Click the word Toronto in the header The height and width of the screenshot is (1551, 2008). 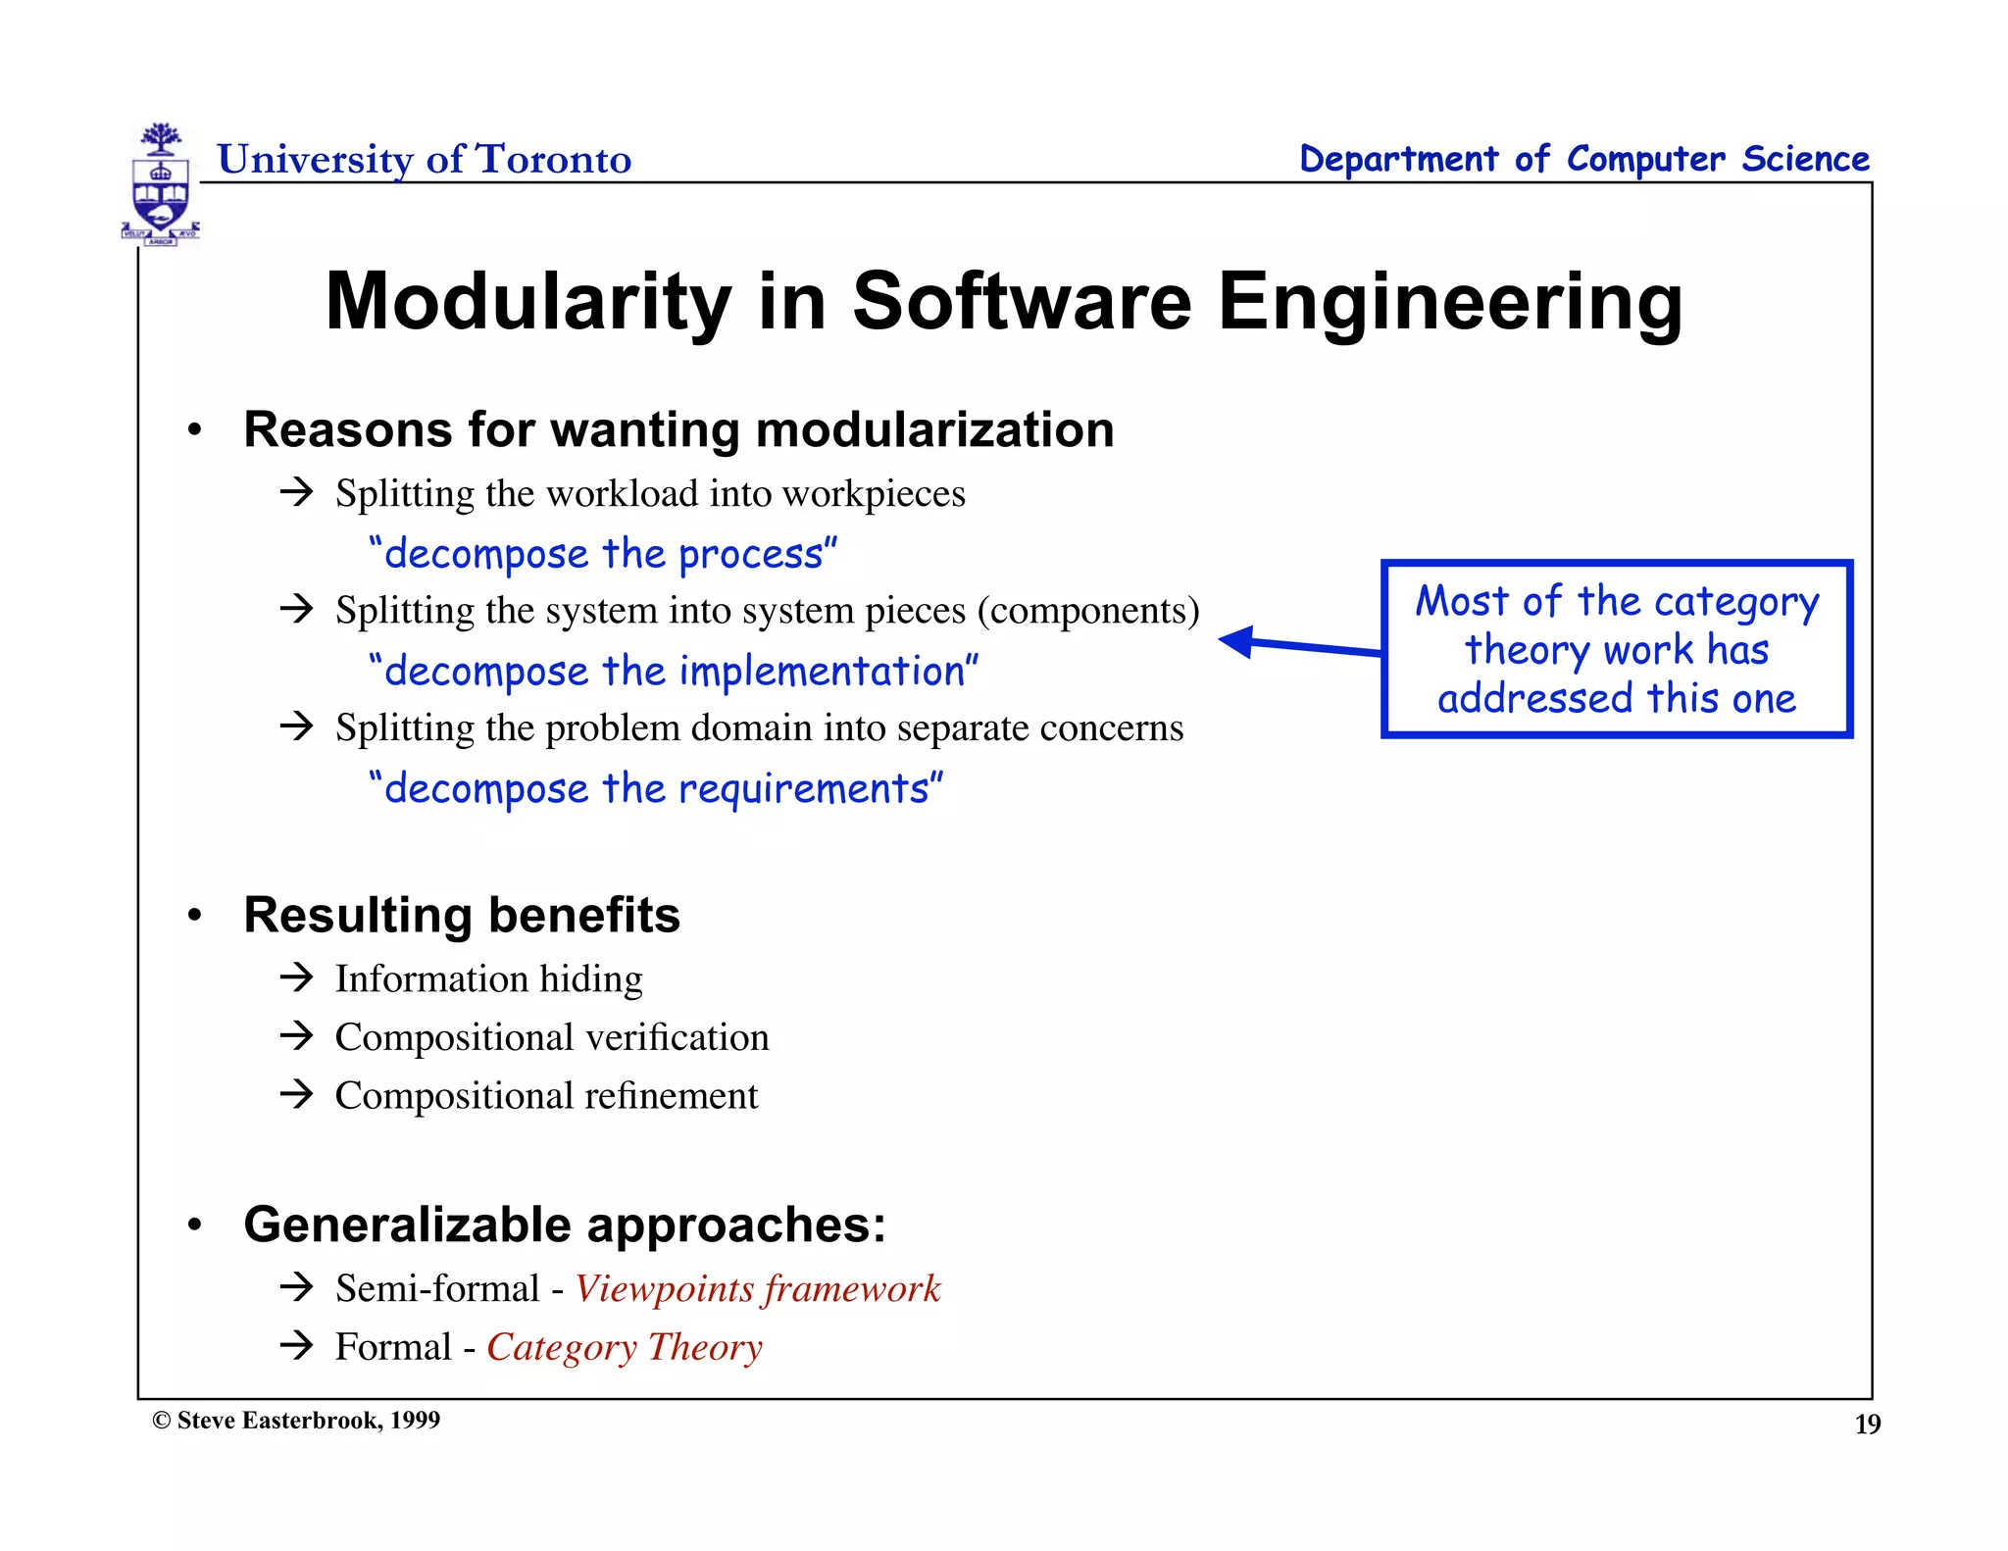[x=553, y=159]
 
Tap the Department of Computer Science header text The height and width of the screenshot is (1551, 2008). [x=1583, y=159]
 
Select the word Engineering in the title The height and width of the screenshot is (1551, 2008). [x=1450, y=301]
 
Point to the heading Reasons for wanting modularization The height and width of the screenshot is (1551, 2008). [x=678, y=429]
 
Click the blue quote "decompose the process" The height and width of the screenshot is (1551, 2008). [x=603, y=554]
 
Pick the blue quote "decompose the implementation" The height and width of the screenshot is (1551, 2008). [x=674, y=672]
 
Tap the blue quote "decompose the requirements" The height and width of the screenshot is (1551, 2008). [x=656, y=788]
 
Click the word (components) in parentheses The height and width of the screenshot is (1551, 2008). [x=1088, y=611]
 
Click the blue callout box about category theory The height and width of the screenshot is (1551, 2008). [x=1616, y=649]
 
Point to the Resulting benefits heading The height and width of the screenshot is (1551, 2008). [x=462, y=915]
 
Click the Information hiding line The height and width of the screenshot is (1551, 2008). [x=488, y=978]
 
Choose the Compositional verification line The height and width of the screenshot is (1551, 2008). [x=552, y=1037]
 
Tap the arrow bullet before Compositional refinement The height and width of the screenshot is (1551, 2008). [x=295, y=1094]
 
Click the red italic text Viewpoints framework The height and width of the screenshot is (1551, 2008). [x=757, y=1288]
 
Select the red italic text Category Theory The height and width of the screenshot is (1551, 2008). [x=625, y=1347]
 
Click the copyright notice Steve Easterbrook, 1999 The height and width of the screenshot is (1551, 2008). [x=296, y=1421]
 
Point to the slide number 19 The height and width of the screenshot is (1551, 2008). [x=1867, y=1425]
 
